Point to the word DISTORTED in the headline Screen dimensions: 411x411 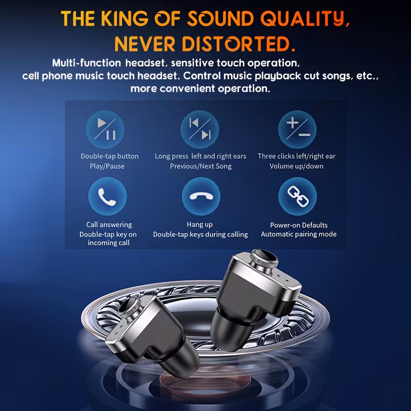242,43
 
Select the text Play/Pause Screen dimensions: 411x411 107,166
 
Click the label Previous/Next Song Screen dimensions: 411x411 200,166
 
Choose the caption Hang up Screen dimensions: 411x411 200,225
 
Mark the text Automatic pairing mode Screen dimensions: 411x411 298,234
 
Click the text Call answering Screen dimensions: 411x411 109,225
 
